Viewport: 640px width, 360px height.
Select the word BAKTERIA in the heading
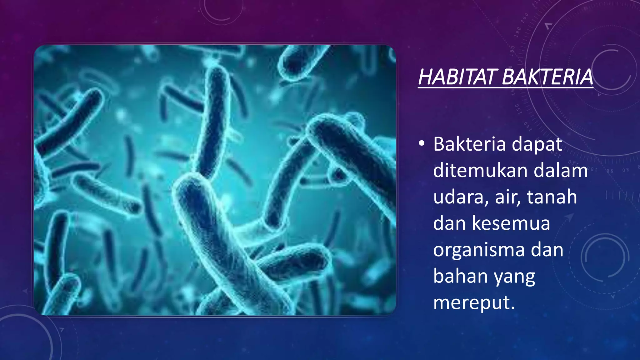click(547, 77)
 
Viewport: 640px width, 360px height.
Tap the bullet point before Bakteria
click(422, 143)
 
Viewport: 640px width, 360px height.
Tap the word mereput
click(474, 303)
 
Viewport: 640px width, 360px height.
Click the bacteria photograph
click(215, 180)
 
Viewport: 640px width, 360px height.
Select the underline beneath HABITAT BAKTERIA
click(505, 88)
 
